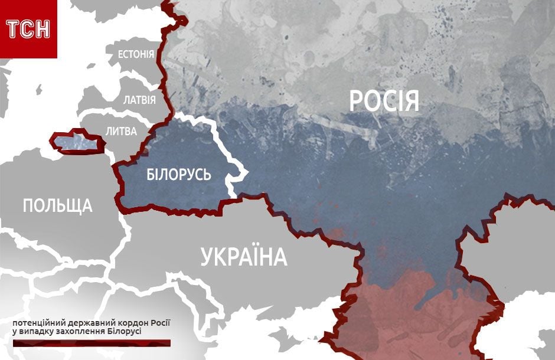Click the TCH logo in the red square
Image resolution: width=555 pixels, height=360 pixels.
click(x=28, y=28)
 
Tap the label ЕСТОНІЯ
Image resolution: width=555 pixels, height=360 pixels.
click(x=136, y=55)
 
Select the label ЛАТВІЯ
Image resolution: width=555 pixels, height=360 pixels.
click(x=139, y=99)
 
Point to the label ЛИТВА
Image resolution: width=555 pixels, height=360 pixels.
click(x=121, y=131)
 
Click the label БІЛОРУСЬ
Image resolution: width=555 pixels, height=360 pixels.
click(x=179, y=175)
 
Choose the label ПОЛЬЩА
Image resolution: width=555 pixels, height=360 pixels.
click(x=57, y=205)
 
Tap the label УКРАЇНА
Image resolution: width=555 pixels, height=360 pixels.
click(x=243, y=257)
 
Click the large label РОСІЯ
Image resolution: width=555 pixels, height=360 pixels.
click(x=384, y=101)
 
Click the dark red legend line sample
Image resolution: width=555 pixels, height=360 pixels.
click(x=91, y=342)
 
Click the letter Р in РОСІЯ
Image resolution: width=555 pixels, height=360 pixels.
click(x=356, y=101)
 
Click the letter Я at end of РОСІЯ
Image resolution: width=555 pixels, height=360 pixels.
click(x=412, y=101)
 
